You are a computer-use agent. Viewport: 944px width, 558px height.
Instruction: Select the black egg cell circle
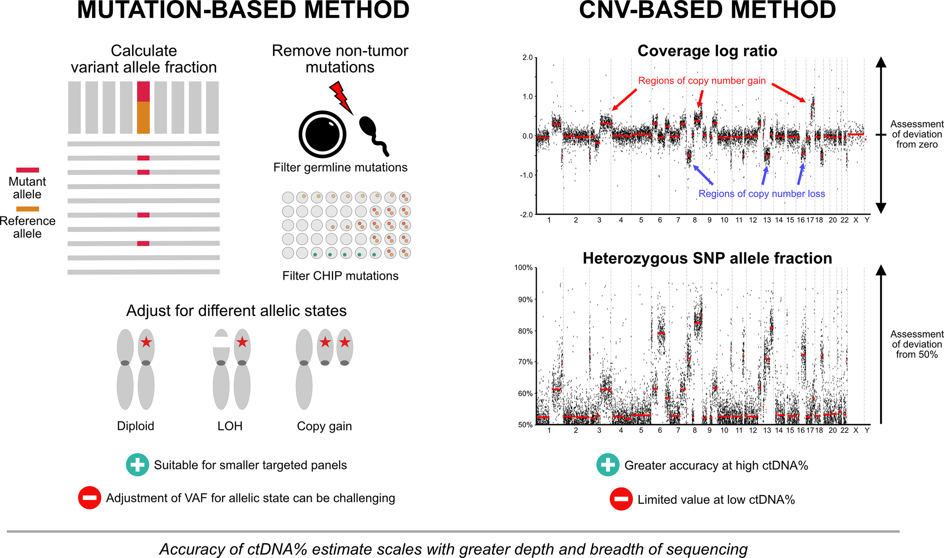[322, 134]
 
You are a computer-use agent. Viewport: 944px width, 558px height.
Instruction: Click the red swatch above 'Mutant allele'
[28, 170]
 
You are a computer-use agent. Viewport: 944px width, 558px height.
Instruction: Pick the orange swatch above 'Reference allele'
[28, 209]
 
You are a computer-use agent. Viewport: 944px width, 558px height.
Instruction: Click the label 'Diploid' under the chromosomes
[136, 426]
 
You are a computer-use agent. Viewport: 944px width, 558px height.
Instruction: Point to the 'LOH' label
[230, 426]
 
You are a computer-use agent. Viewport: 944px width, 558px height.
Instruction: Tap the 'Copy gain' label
[324, 426]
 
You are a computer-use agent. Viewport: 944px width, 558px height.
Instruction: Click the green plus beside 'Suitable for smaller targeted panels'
[137, 464]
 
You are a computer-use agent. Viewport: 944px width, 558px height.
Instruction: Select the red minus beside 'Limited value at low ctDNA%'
[621, 499]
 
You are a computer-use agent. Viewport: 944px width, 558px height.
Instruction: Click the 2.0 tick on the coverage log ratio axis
[527, 58]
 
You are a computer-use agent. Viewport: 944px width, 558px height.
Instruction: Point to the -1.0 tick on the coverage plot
[526, 175]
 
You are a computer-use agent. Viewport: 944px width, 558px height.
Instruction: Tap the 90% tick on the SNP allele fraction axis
[525, 300]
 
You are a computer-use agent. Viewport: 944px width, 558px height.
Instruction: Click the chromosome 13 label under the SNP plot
[767, 430]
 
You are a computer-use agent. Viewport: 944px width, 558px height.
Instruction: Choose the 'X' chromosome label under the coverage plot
[856, 220]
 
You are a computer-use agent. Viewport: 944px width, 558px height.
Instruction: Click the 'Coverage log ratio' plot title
[707, 51]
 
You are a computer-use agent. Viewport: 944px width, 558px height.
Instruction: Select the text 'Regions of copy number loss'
[761, 194]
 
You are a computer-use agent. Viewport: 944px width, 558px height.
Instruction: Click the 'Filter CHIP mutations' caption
[340, 276]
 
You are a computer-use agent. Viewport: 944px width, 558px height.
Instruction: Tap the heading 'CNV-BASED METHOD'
[707, 10]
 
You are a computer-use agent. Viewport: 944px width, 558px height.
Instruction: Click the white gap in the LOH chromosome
[221, 342]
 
